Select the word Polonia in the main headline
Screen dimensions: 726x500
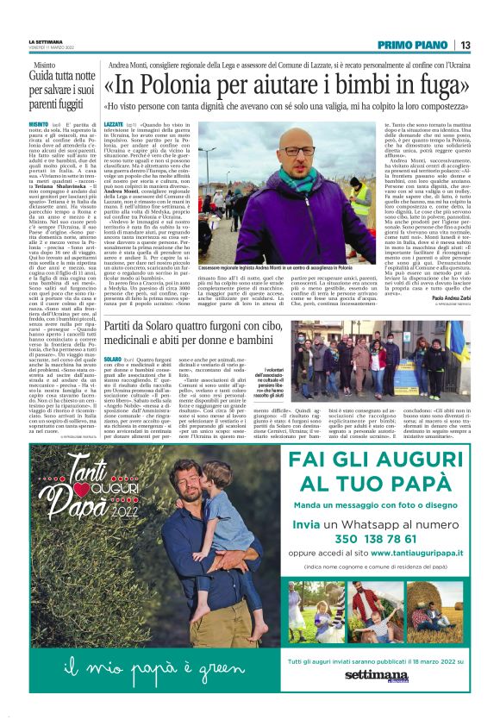click(187, 86)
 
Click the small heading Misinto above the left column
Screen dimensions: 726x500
click(45, 66)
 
